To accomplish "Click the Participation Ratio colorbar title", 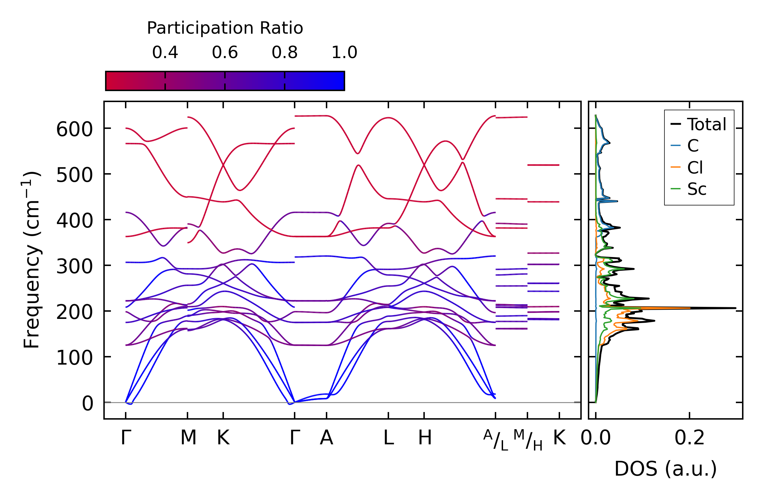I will point(225,28).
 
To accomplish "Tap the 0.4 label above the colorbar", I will point(165,53).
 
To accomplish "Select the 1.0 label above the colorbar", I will point(344,53).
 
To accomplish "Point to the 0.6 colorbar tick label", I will point(225,53).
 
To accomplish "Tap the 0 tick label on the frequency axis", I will point(87,404).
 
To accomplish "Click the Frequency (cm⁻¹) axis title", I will point(32,260).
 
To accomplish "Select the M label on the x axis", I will point(188,438).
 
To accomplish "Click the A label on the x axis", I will point(326,438).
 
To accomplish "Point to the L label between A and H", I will point(388,438).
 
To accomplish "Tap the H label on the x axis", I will point(424,438).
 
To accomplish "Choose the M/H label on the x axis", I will point(528,440).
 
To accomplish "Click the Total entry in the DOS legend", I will point(706,124).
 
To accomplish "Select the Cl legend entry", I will point(695,168).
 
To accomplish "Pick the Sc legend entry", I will point(696,189).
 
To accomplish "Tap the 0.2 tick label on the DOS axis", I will point(690,438).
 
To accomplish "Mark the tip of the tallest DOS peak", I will point(736,308).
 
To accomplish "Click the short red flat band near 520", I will point(543,165).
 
